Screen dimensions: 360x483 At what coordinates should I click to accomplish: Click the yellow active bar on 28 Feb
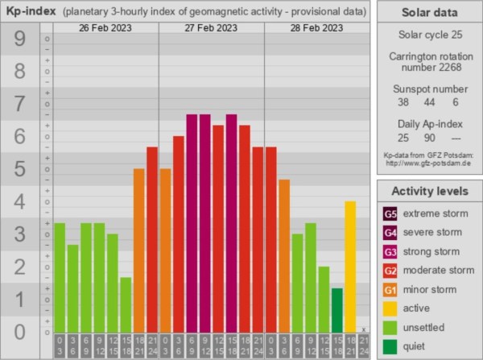point(350,266)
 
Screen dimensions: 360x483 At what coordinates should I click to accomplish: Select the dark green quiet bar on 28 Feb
point(336,309)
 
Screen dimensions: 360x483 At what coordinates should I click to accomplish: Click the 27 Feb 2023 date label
point(211,28)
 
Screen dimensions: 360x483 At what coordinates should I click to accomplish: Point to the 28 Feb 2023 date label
point(317,28)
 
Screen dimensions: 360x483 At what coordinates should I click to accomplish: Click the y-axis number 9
point(19,39)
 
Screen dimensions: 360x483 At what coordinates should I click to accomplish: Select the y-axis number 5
point(19,169)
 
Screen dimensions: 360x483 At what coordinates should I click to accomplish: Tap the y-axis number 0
point(19,331)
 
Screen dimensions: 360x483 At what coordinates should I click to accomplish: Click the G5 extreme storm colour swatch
point(390,214)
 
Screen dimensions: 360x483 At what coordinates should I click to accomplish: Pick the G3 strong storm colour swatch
point(390,251)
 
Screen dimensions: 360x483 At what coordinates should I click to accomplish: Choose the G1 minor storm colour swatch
point(390,289)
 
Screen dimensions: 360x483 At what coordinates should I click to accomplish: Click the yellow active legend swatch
point(390,308)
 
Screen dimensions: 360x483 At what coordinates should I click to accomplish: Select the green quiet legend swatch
point(390,346)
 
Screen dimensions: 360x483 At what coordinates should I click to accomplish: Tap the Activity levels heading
point(429,191)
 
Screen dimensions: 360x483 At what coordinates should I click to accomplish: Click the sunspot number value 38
point(403,102)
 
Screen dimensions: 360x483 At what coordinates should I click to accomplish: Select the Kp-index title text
point(31,10)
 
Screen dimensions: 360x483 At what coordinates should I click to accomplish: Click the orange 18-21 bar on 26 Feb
point(138,250)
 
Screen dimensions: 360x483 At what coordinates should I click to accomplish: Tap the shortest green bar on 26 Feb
point(126,304)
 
